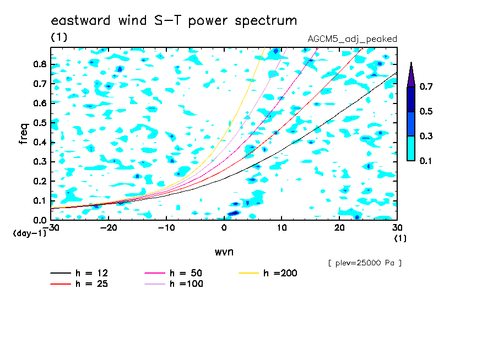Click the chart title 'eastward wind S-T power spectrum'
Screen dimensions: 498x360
(x=174, y=20)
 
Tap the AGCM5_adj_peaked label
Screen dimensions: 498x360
(x=352, y=39)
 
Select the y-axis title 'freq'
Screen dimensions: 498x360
(x=24, y=134)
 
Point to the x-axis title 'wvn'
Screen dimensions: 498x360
(x=224, y=252)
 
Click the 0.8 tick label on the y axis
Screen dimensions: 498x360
(x=40, y=64)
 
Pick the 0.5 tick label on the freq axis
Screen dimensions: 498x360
(x=40, y=123)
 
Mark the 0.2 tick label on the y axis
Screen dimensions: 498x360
(x=40, y=181)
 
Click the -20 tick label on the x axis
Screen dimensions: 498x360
(x=109, y=228)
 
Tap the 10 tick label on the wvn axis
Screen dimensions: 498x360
(x=282, y=228)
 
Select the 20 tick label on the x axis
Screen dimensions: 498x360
(x=339, y=228)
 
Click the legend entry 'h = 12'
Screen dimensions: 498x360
(x=79, y=273)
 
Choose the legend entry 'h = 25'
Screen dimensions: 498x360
(x=79, y=283)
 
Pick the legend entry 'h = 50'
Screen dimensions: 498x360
(x=174, y=273)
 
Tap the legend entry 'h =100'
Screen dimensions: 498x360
(x=174, y=283)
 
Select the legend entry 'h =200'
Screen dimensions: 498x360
(x=268, y=273)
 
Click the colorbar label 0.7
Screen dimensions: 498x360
(x=426, y=86)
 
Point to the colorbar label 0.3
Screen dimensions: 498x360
(x=426, y=136)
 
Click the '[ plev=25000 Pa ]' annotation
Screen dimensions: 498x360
(x=365, y=263)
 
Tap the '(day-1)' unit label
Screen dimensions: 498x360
(x=30, y=233)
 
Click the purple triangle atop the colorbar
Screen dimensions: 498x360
(x=411, y=75)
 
